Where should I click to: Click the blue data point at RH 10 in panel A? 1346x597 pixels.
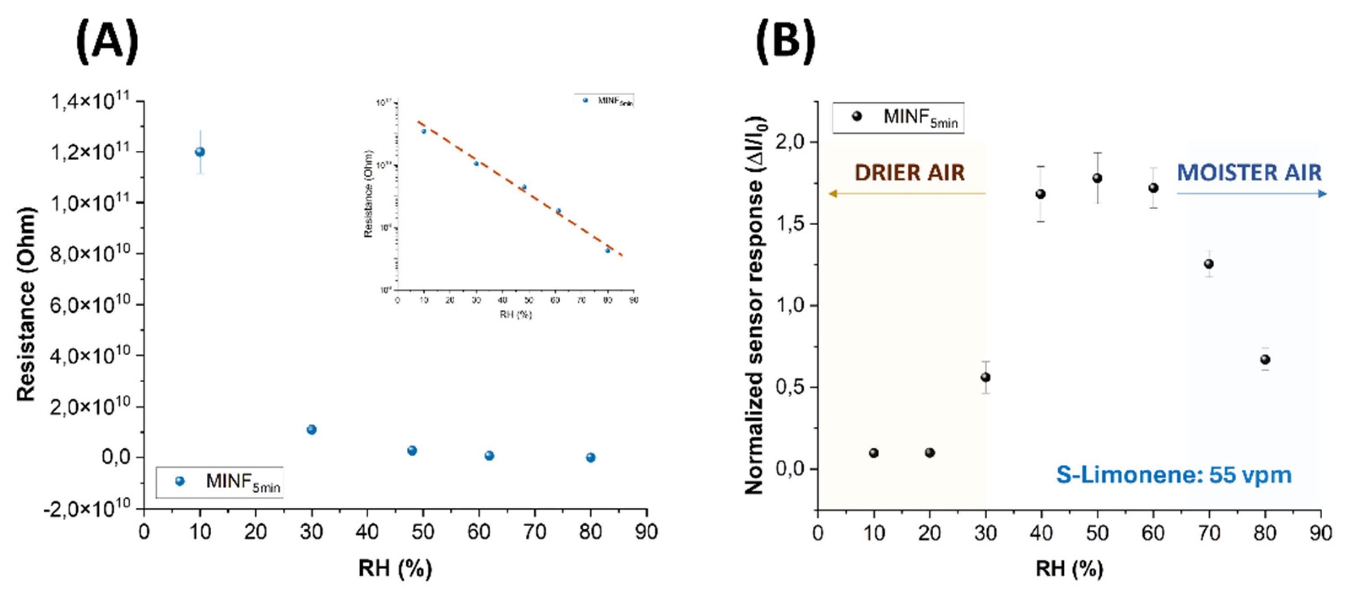click(200, 152)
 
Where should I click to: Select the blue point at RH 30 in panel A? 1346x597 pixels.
click(311, 429)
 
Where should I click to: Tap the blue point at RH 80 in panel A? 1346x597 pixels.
click(590, 458)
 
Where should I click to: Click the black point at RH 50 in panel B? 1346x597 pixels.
click(1097, 178)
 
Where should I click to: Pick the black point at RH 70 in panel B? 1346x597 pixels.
click(1209, 264)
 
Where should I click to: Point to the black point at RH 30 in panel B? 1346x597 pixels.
click(985, 377)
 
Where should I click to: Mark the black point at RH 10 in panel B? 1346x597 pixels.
click(874, 453)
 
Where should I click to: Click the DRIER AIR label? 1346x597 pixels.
click(909, 173)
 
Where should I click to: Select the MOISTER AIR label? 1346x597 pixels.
click(1249, 173)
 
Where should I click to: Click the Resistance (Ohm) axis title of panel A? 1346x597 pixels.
click(26, 305)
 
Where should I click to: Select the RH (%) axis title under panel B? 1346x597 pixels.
click(1069, 568)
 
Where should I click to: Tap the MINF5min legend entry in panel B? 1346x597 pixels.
click(897, 118)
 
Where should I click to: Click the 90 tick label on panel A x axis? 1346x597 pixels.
click(646, 532)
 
